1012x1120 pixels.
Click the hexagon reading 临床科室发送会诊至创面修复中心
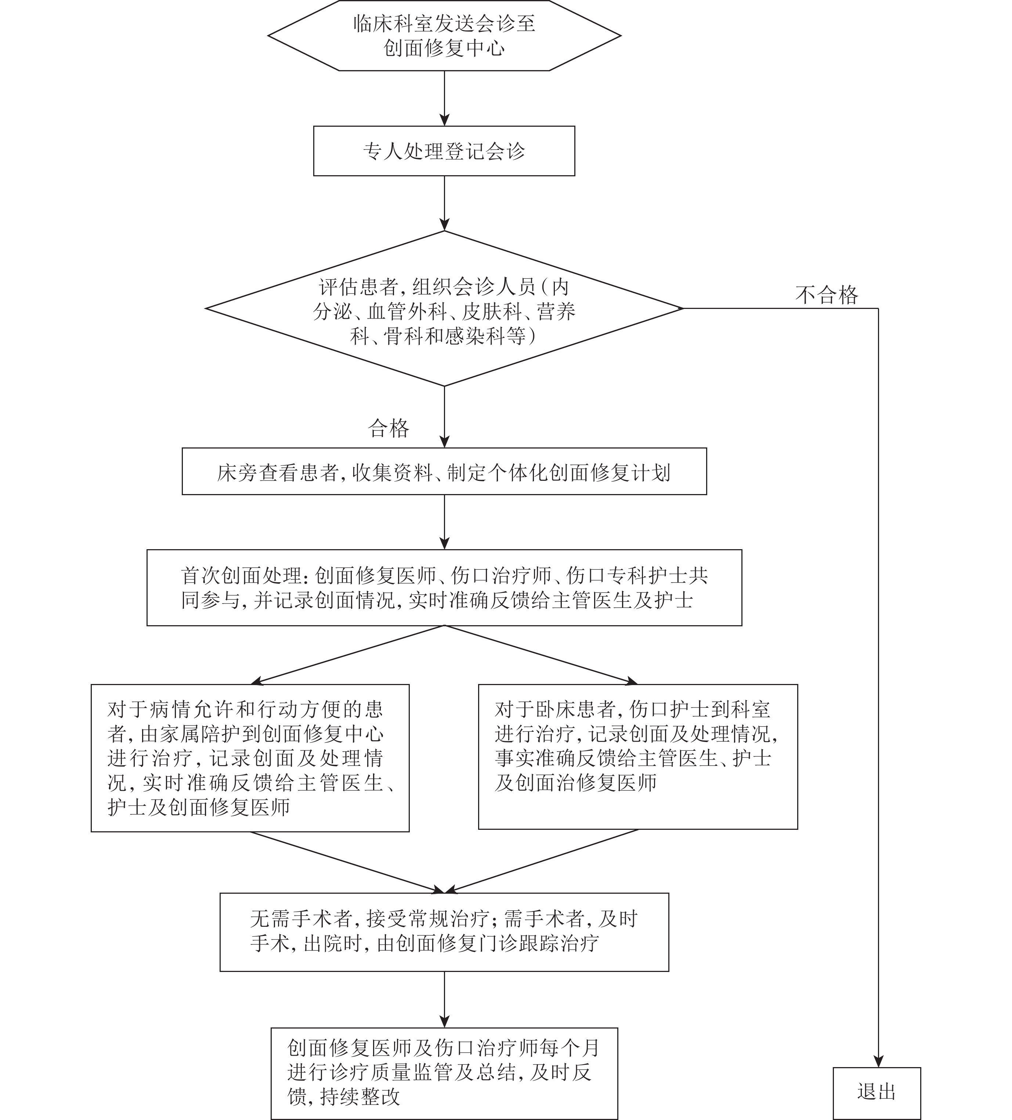tap(444, 36)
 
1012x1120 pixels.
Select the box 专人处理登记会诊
tap(444, 151)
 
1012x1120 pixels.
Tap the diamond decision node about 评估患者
tap(444, 308)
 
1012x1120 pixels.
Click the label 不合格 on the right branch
tap(827, 295)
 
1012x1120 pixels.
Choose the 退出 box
tap(877, 1092)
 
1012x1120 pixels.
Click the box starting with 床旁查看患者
tap(444, 471)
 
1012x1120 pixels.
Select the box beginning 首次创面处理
tap(444, 588)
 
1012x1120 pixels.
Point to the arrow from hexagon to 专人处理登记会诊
tap(444, 98)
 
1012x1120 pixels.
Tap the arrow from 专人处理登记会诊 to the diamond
tap(444, 204)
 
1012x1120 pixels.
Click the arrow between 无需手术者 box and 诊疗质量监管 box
tap(444, 1000)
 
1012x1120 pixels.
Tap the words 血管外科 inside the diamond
tap(407, 311)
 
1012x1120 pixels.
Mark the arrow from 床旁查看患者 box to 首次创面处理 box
tap(444, 522)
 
